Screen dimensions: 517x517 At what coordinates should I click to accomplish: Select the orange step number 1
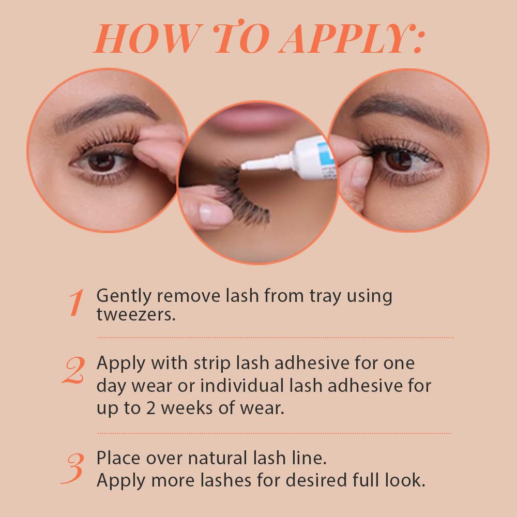click(76, 303)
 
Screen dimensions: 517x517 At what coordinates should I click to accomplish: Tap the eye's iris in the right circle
click(398, 160)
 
